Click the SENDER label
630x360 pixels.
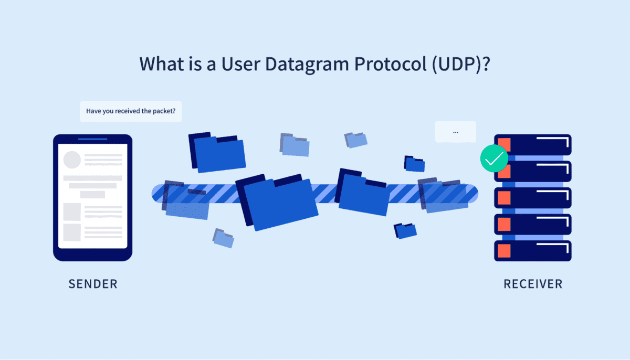pos(93,284)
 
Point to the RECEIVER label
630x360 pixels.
pos(533,284)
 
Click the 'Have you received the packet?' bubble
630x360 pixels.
pos(131,111)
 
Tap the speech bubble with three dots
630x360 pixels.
pos(455,132)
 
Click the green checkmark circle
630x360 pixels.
pos(494,158)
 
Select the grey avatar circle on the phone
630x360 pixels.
pos(72,160)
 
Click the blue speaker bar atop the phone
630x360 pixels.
pos(93,139)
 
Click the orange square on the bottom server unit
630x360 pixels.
pos(505,251)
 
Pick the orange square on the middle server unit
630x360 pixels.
pos(505,198)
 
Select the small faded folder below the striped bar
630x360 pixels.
pos(224,238)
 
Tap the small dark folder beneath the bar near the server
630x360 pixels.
pos(406,230)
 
